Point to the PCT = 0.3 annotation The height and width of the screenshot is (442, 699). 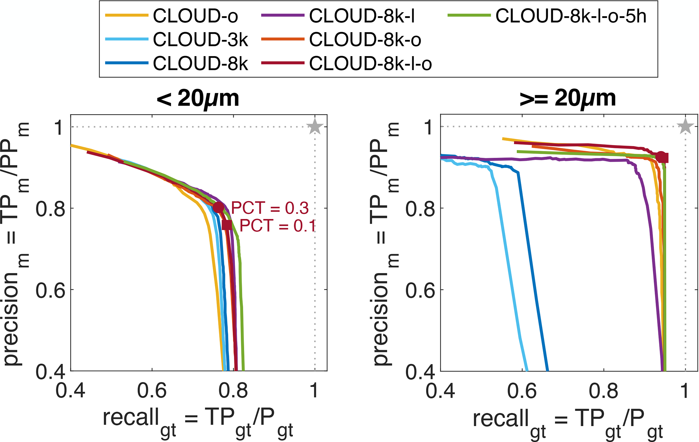(270, 208)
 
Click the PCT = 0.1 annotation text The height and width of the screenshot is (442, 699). (277, 226)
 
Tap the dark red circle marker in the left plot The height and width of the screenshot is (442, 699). (219, 207)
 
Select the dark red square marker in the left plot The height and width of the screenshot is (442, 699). (227, 225)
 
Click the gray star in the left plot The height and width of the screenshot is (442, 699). (315, 127)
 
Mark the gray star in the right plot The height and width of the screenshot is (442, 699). (685, 127)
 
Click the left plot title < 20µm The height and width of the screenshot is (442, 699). (198, 98)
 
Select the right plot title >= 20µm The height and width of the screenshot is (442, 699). (568, 98)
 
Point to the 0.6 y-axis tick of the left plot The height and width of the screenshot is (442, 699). (51, 290)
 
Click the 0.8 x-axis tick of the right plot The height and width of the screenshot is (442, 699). (604, 391)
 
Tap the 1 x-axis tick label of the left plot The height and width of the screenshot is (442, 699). (314, 391)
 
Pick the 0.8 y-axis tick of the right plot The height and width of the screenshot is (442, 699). (420, 208)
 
